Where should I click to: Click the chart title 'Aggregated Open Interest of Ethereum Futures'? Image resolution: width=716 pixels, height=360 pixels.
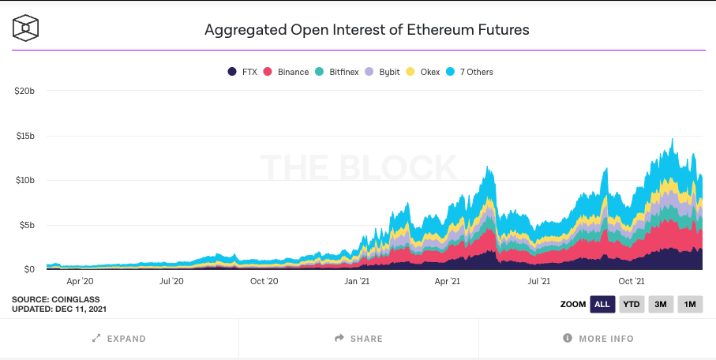[366, 30]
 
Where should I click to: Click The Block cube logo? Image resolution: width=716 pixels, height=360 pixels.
[25, 29]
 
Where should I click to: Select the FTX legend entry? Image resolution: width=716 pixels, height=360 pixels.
[243, 72]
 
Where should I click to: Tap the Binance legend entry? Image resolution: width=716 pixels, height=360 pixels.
[287, 72]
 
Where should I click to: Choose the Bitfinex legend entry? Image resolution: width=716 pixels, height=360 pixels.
[337, 72]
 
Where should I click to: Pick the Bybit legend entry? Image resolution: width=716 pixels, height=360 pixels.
[383, 72]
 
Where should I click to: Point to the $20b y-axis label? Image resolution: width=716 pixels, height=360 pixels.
[24, 91]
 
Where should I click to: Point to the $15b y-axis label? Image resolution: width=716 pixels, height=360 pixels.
[24, 136]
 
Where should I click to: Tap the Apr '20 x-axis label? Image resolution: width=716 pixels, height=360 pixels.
[80, 280]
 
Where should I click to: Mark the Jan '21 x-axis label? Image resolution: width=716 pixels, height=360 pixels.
[358, 280]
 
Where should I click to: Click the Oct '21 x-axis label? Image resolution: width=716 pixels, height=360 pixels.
[632, 280]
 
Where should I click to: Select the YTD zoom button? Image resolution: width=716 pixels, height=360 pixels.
[631, 304]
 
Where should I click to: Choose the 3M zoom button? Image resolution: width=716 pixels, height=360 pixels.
[660, 304]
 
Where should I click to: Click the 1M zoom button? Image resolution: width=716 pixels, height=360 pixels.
[689, 304]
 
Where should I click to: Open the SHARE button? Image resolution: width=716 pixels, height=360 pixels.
[358, 339]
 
